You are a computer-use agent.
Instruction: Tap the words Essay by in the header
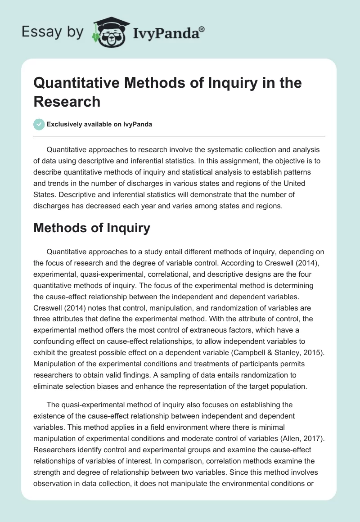54,32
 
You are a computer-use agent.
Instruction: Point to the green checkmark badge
39,124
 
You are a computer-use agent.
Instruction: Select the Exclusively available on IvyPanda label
99,125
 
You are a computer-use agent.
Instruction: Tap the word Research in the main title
67,101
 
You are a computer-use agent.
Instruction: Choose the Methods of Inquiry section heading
91,228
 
